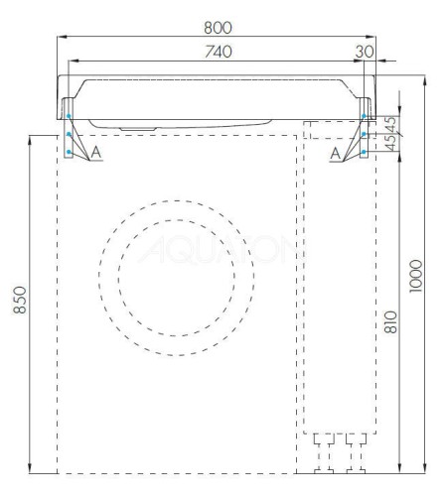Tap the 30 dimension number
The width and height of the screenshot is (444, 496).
pyautogui.click(x=364, y=52)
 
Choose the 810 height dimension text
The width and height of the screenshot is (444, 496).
pyautogui.click(x=390, y=321)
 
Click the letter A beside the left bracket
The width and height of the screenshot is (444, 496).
pyautogui.click(x=95, y=150)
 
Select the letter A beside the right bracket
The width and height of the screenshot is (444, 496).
pyautogui.click(x=335, y=150)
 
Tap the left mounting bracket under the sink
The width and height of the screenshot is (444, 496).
pyautogui.click(x=69, y=129)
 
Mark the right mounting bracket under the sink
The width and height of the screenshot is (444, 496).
pyautogui.click(x=365, y=129)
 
